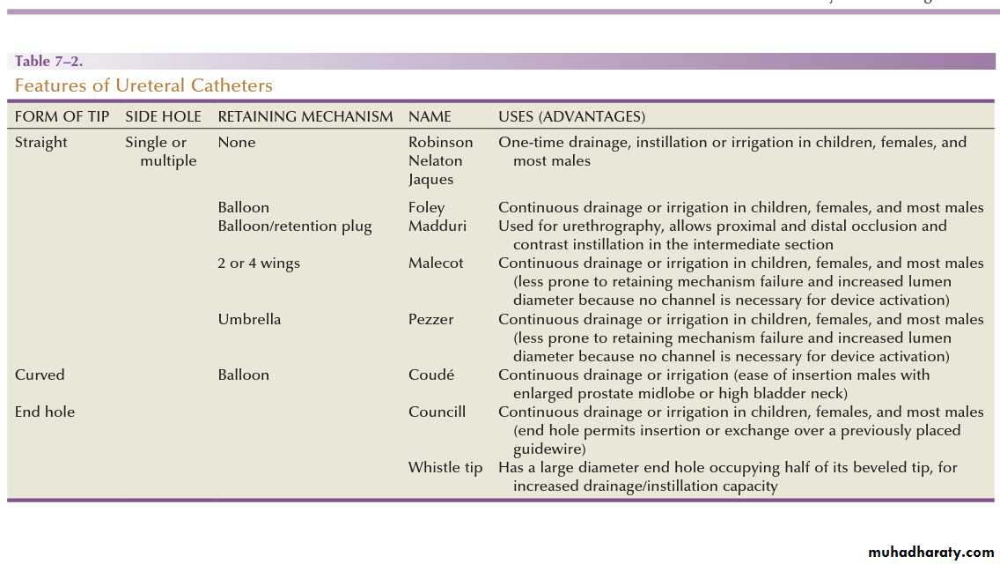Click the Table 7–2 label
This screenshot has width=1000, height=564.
(48, 62)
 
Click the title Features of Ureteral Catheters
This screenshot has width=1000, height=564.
(143, 85)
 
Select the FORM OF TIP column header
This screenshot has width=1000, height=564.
(62, 116)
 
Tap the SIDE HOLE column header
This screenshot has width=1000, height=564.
(163, 116)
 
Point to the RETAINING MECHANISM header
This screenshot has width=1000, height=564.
(305, 116)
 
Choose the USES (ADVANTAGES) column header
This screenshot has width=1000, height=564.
(571, 116)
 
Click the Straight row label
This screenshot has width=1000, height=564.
(40, 142)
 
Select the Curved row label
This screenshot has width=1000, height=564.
(40, 375)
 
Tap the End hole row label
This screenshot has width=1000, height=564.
(45, 412)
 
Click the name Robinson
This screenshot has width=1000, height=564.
(440, 142)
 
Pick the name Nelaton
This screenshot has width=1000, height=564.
(435, 160)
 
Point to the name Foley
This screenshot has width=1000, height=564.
(426, 207)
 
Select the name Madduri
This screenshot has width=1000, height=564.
(437, 226)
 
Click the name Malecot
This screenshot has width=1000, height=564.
(436, 263)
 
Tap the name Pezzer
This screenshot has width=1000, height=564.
(430, 319)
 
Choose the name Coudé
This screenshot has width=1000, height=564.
(431, 375)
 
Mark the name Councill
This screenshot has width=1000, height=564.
(437, 412)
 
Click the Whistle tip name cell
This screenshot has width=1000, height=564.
(445, 467)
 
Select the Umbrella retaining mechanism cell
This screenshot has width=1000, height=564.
(249, 319)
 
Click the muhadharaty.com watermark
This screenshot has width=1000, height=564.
(930, 553)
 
